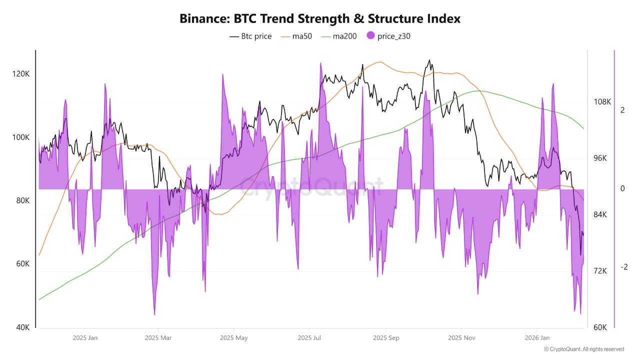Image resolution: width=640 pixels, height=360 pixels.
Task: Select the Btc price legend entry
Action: coord(250,36)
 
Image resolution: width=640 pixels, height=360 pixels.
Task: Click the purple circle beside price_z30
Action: coord(370,36)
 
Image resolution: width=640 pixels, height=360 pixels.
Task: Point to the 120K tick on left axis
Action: coord(21,74)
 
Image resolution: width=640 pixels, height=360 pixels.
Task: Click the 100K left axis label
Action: coord(21,137)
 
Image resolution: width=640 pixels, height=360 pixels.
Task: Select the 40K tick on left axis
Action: coord(22,327)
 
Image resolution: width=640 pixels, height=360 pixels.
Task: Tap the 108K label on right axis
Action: coord(602,101)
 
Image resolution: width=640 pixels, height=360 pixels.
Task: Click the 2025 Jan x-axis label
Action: coord(85,338)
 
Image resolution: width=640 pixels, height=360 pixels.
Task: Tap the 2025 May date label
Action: coord(234,338)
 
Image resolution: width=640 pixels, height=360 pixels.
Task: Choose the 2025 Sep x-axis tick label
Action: coord(386,338)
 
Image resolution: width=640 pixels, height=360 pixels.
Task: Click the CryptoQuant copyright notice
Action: coord(583,349)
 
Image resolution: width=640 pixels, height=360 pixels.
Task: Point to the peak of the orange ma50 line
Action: coord(380,62)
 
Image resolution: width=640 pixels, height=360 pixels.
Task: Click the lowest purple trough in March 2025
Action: coord(154,315)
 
